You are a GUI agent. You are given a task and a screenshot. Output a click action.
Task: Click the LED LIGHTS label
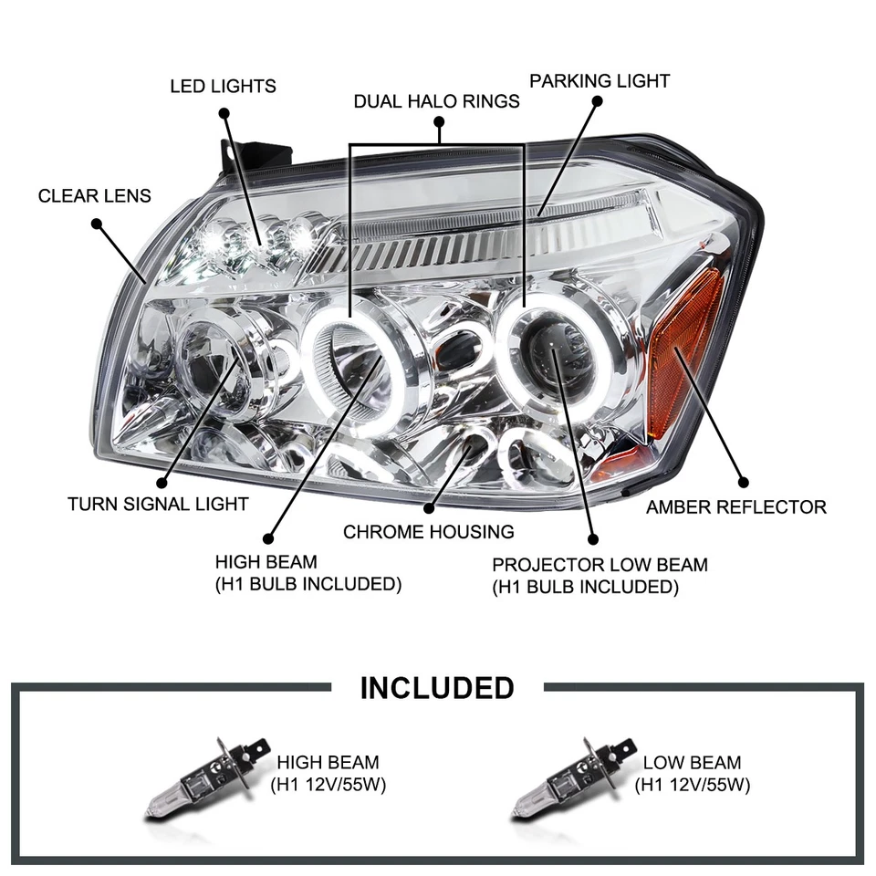pyautogui.click(x=223, y=87)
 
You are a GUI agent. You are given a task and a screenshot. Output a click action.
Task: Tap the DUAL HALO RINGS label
pyautogui.click(x=436, y=101)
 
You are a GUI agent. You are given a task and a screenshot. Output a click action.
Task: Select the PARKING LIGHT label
pyautogui.click(x=600, y=81)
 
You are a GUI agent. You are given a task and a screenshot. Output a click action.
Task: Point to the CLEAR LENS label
pyautogui.click(x=95, y=196)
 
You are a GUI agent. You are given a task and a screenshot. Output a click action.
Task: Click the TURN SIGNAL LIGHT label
pyautogui.click(x=158, y=504)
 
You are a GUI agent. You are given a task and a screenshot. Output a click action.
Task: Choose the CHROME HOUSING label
pyautogui.click(x=428, y=531)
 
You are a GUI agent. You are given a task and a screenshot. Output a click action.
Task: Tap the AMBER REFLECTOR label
pyautogui.click(x=735, y=506)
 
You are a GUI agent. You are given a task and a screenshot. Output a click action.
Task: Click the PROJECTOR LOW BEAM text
pyautogui.click(x=600, y=565)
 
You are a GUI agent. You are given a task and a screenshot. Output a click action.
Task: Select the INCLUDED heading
pyautogui.click(x=437, y=687)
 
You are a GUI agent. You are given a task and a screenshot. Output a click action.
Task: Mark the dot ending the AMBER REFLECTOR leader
pyautogui.click(x=742, y=481)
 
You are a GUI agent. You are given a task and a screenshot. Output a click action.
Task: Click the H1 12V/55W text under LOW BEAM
pyautogui.click(x=692, y=784)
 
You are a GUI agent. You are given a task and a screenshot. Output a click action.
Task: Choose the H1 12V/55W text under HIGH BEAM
pyautogui.click(x=328, y=784)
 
